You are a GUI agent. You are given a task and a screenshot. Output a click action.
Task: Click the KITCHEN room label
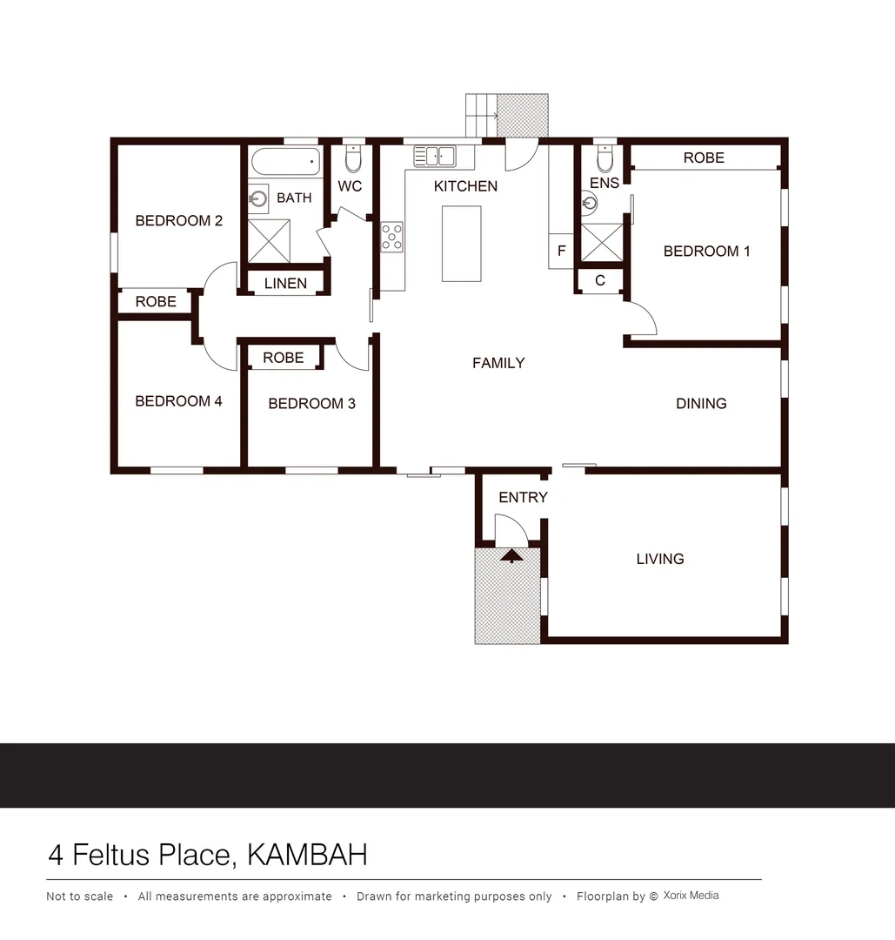point(465,186)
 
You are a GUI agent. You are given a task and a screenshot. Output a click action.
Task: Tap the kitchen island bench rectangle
point(461,244)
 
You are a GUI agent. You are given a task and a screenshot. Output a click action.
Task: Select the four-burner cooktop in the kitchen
point(392,238)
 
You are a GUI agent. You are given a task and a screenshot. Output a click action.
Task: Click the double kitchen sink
point(434,157)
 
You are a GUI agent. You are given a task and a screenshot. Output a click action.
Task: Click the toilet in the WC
point(352,159)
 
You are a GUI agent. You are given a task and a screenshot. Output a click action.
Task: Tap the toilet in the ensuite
point(605,159)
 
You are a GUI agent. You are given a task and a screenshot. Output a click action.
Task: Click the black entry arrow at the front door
point(512,553)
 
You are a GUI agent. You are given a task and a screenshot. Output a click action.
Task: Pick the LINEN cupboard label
point(285,284)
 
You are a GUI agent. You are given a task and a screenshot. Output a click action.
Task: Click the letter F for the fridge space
point(561,252)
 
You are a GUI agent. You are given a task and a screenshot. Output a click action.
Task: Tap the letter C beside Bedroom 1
point(600,281)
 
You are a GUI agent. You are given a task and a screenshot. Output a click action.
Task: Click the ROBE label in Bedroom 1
point(703,158)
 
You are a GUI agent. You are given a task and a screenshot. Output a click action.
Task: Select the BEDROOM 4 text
point(178,401)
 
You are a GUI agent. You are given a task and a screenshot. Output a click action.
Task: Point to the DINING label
point(701,404)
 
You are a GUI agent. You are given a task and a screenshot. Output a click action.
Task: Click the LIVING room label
point(659,559)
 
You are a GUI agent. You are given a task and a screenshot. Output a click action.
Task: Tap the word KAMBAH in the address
point(307,855)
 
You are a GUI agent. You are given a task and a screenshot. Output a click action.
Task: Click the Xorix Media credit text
point(691,896)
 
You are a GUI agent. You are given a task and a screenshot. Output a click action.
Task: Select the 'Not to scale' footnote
point(79,896)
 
